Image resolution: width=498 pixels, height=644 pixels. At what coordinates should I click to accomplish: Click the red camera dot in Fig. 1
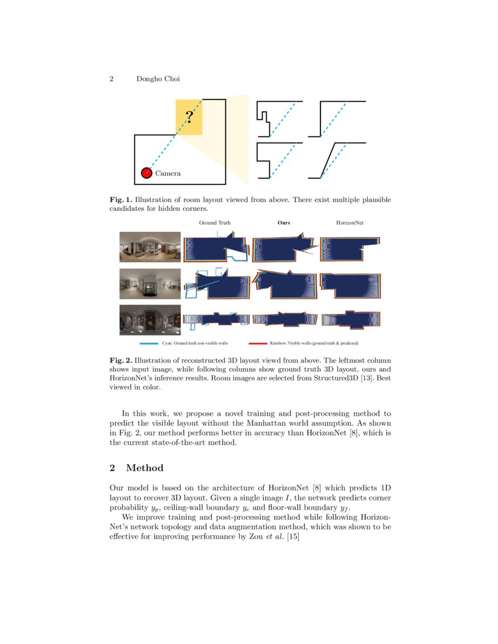[x=146, y=173]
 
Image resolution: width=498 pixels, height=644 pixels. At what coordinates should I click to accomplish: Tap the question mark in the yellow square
[x=189, y=117]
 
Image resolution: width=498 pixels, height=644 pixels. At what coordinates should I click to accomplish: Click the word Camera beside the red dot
[x=168, y=173]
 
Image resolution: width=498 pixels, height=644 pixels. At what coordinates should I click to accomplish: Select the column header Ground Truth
[x=214, y=223]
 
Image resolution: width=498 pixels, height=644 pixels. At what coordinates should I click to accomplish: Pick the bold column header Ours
[x=284, y=223]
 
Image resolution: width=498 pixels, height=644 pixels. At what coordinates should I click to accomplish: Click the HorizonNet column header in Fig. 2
[x=350, y=223]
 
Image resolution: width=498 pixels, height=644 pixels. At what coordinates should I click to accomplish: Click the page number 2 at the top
[x=111, y=79]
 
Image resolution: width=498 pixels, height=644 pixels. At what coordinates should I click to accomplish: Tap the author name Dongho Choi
[x=158, y=79]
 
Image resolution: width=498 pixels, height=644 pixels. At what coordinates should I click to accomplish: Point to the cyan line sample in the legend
[x=148, y=343]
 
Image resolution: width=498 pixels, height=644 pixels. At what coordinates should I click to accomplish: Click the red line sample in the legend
[x=258, y=343]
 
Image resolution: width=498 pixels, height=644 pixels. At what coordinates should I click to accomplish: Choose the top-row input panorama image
[x=150, y=246]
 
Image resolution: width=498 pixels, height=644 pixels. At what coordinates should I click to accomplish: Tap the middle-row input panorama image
[x=150, y=283]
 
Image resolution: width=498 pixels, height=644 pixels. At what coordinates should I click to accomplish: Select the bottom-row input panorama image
[x=150, y=320]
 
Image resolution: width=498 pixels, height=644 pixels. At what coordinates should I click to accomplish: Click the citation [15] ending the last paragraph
[x=294, y=537]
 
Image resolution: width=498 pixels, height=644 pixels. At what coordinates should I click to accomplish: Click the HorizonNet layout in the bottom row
[x=350, y=319]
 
